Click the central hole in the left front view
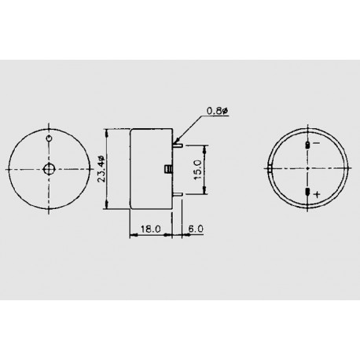pos(49,170)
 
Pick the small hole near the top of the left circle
pos(50,140)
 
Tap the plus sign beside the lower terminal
pos(317,193)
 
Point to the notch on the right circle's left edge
pos(270,167)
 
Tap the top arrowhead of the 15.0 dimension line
pos(208,147)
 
